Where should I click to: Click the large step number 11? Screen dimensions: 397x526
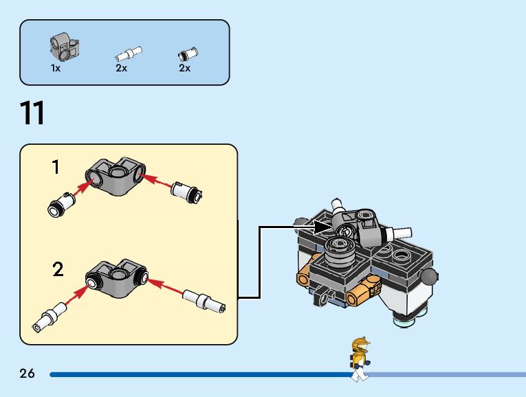(32, 113)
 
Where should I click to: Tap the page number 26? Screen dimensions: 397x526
(27, 374)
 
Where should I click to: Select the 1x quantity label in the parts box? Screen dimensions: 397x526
(56, 68)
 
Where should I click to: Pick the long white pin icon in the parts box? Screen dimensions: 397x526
(128, 52)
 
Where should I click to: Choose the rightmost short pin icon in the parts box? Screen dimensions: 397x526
(187, 53)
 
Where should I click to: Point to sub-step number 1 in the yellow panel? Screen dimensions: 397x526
(56, 166)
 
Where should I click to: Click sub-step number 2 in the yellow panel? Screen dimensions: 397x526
(58, 269)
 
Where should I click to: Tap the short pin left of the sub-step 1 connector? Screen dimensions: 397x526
(58, 203)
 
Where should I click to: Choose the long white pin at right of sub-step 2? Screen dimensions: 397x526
(204, 302)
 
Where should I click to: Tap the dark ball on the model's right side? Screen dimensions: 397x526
(430, 277)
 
